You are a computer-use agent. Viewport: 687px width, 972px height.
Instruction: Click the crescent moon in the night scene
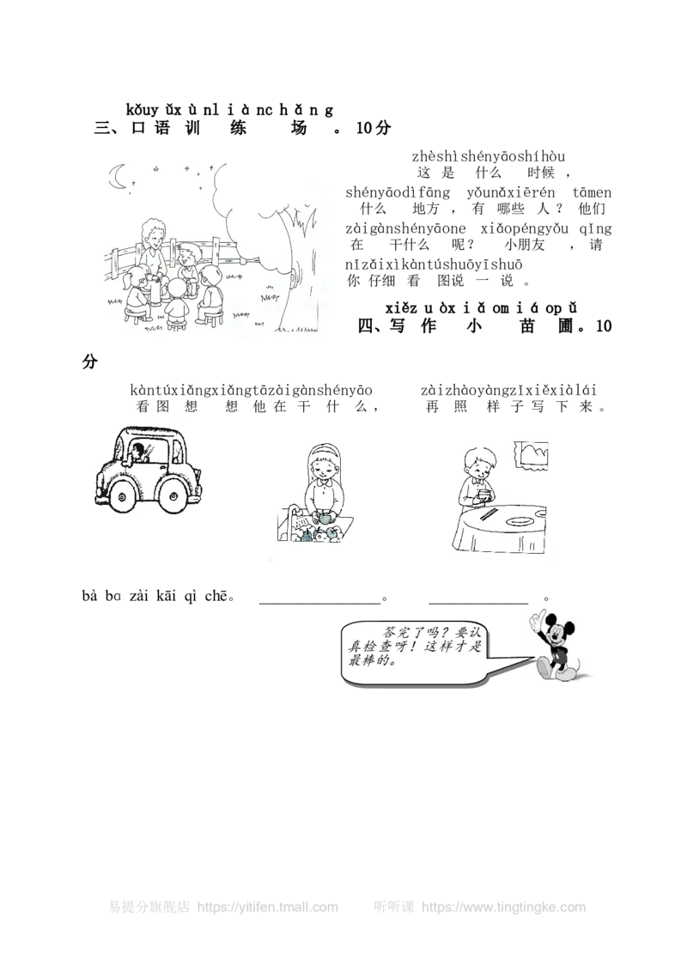coord(115,176)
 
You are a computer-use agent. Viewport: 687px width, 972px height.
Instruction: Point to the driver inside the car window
coord(139,452)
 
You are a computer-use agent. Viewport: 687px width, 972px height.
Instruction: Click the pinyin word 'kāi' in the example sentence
coord(167,597)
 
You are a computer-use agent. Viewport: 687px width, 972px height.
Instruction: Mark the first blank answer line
coord(319,603)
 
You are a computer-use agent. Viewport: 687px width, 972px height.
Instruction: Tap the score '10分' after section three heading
coord(374,128)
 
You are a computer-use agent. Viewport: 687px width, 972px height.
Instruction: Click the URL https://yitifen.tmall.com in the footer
coord(268,907)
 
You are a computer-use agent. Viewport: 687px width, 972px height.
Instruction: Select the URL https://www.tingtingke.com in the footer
coord(503,907)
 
